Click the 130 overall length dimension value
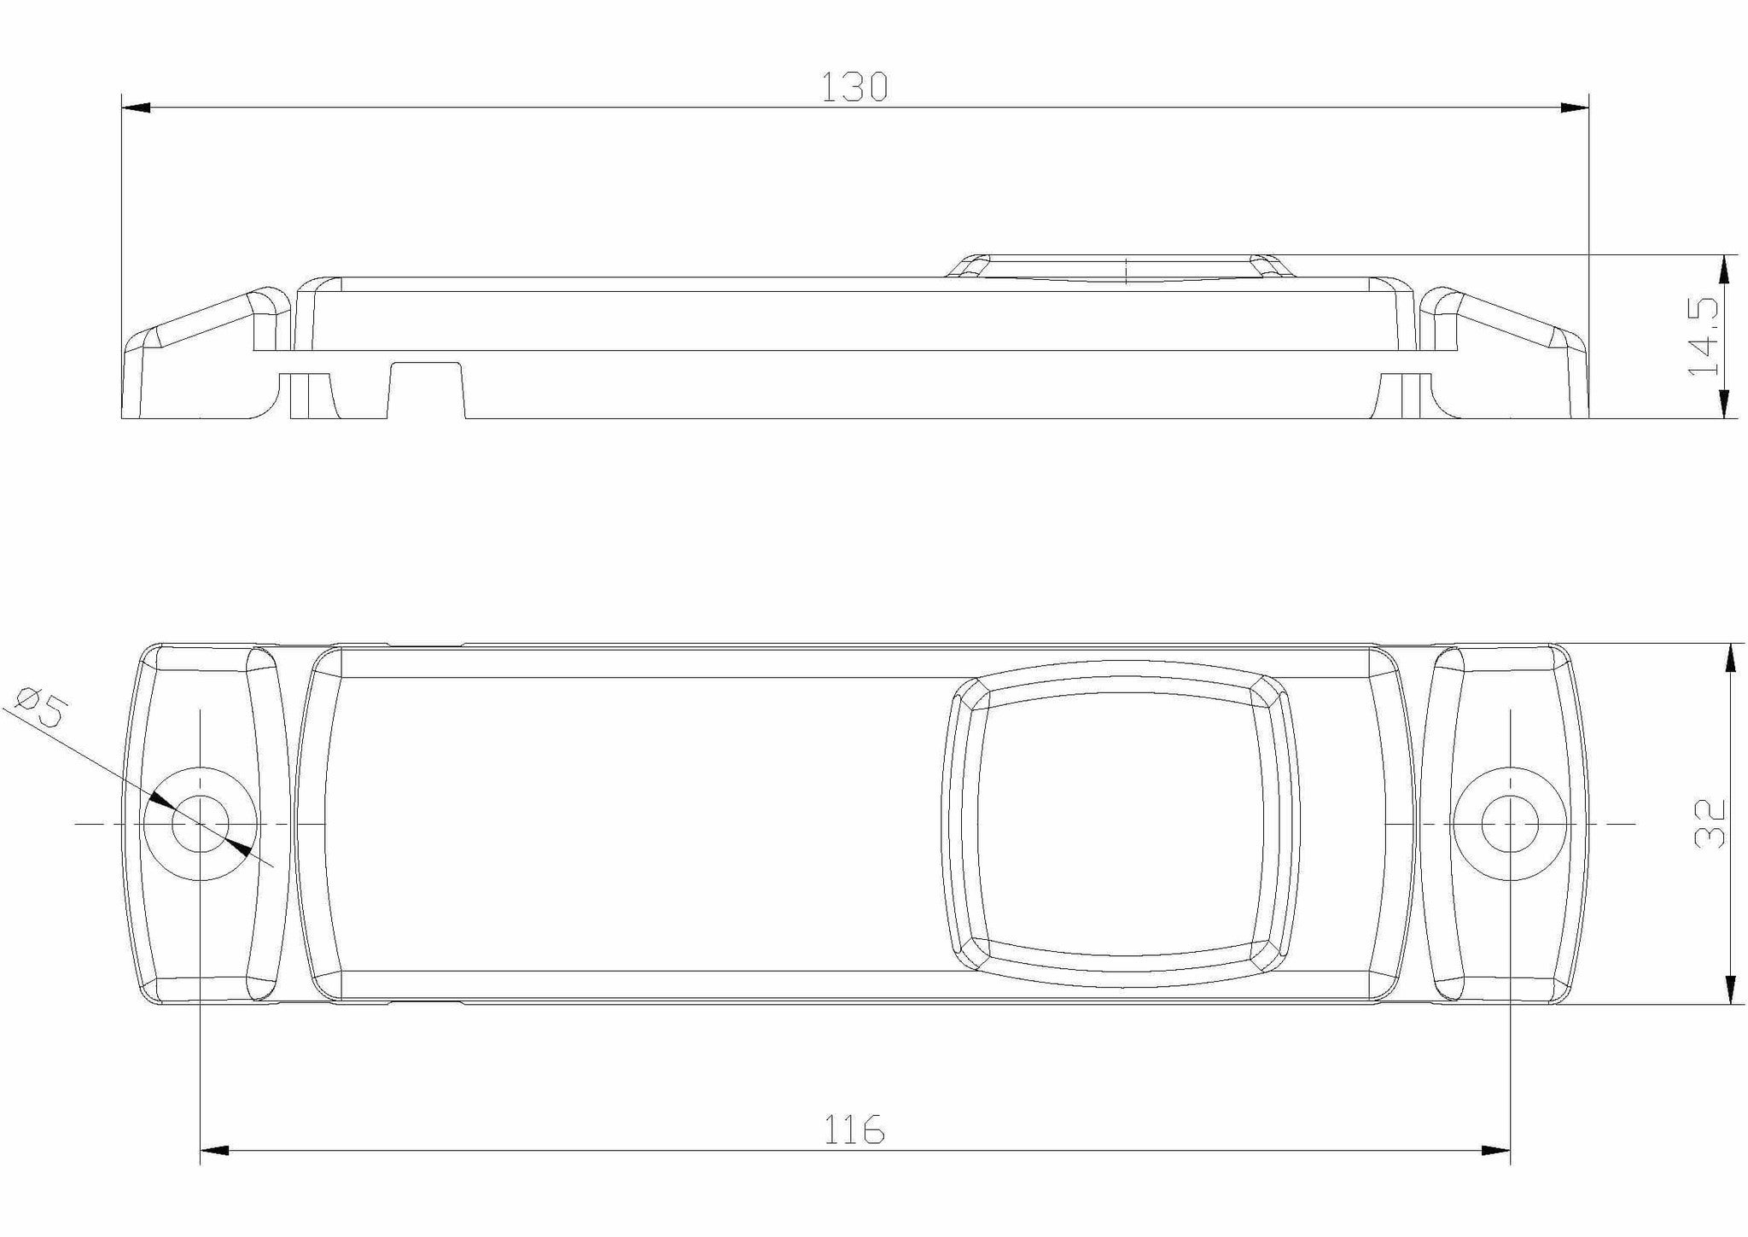[854, 87]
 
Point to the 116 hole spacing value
[854, 1130]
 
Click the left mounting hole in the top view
[201, 824]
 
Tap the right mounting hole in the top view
[1510, 825]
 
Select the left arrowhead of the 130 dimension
[137, 108]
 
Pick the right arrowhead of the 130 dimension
[1575, 108]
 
